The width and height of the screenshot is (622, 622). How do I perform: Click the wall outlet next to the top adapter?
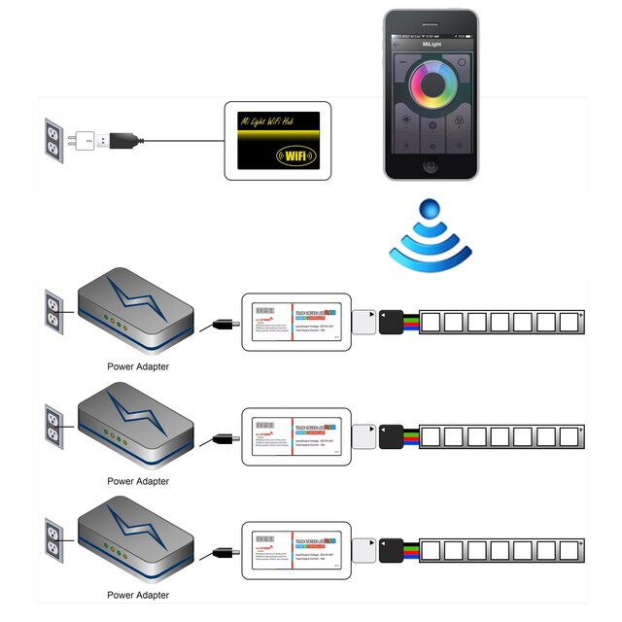pos(53,314)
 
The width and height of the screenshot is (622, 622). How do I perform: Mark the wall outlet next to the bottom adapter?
pos(53,539)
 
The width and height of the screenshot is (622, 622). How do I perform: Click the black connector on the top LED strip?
pos(393,322)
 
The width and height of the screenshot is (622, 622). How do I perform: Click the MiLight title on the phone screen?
pos(431,43)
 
